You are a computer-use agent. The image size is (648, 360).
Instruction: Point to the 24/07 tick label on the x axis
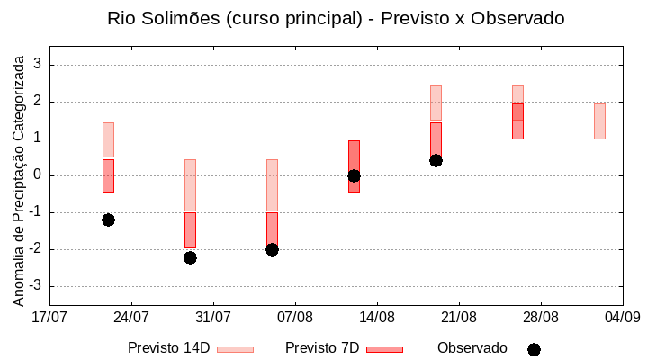[x=131, y=317]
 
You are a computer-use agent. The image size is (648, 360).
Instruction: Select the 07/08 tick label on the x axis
[x=295, y=317]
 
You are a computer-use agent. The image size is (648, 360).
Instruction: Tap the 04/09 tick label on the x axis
[x=622, y=317]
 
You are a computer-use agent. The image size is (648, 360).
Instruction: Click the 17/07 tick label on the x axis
[x=49, y=317]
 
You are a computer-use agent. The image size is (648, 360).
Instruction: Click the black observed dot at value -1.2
[x=108, y=220]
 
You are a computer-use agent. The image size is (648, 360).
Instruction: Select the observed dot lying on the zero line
[x=354, y=175]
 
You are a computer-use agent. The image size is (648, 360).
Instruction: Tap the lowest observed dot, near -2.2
[x=190, y=257]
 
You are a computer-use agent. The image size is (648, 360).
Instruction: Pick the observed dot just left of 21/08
[x=436, y=160]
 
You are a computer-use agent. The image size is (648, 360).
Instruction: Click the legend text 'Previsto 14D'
[x=169, y=348]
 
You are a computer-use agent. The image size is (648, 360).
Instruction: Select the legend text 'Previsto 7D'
[x=322, y=348]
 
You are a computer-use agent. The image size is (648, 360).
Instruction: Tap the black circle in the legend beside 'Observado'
[x=534, y=349]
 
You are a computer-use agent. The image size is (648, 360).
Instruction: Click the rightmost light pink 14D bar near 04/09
[x=599, y=121]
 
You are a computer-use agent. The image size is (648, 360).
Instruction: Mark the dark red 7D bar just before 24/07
[x=108, y=175]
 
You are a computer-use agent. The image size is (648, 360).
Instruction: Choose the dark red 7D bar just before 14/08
[x=354, y=166]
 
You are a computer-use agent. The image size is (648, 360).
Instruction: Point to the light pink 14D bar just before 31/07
[x=190, y=185]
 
